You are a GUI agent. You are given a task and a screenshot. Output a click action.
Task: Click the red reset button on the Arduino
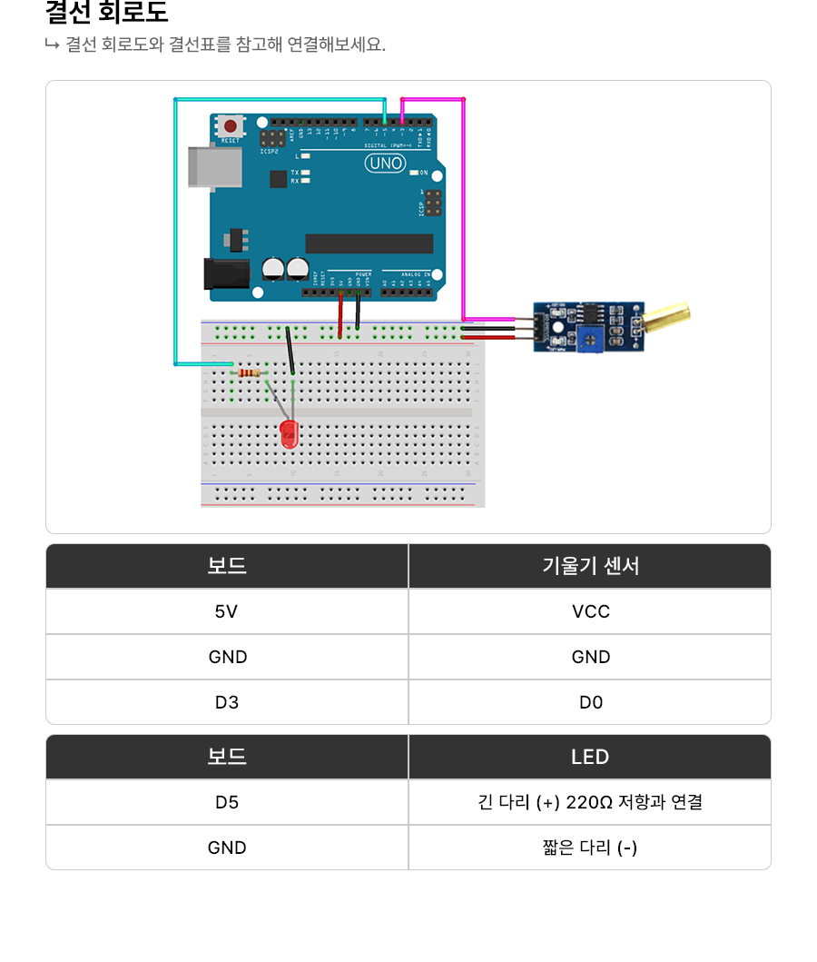coord(231,126)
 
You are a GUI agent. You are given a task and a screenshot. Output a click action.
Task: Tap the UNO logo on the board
coord(385,164)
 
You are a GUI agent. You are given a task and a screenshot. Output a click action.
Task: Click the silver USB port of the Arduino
coord(214,166)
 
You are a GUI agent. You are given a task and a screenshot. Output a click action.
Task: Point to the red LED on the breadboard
coord(290,433)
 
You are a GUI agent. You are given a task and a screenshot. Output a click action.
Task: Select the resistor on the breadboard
coord(248,372)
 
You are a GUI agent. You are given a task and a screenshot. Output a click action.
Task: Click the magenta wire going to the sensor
coord(464,209)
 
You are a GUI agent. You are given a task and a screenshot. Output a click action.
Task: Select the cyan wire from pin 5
coord(175,227)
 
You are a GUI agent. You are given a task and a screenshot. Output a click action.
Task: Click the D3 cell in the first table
coord(227,702)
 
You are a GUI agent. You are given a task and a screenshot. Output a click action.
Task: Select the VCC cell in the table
coord(590,611)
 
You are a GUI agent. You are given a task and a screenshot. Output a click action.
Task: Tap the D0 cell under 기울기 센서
coord(590,702)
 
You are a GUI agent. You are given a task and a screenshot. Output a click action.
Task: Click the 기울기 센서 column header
coord(590,566)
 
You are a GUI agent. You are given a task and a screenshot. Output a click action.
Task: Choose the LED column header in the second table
coord(590,757)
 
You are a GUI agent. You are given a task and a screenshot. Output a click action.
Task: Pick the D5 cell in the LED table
coord(227,802)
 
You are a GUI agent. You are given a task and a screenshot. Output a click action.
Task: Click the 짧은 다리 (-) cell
coord(590,848)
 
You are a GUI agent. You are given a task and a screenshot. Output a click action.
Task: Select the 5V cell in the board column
coord(227,611)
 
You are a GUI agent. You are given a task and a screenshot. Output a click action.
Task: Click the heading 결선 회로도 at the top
coord(106,14)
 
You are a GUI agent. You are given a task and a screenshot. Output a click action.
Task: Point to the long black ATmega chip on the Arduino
coord(369,243)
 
